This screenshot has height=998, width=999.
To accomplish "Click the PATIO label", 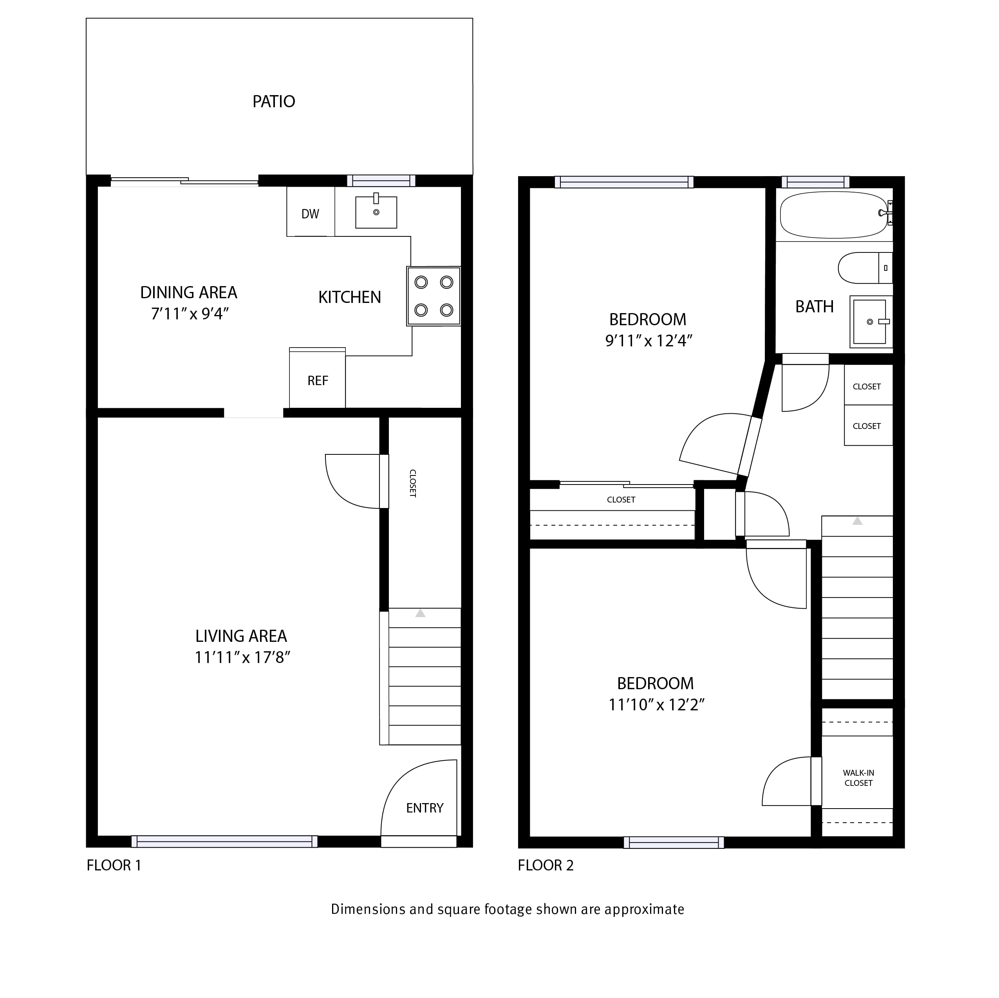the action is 273,101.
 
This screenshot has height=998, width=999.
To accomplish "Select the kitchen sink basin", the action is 376,212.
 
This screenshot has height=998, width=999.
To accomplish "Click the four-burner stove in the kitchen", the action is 433,296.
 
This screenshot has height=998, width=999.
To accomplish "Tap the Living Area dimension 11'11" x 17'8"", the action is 242,658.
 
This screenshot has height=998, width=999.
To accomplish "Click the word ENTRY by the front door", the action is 425,808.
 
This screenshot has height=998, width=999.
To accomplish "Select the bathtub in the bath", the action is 833,215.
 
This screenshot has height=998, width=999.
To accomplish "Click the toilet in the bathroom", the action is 865,268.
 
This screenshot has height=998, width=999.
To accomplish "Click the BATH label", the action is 815,307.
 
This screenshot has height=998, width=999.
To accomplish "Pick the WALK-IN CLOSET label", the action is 858,778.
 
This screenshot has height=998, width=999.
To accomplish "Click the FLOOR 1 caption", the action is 114,865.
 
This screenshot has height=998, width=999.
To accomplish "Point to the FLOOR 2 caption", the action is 546,865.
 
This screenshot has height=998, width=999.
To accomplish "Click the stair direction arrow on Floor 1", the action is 420,614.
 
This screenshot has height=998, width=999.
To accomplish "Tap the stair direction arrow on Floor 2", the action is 857,521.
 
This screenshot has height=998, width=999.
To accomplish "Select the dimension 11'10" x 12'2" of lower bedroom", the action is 657,705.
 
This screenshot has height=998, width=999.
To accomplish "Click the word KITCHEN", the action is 350,297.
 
